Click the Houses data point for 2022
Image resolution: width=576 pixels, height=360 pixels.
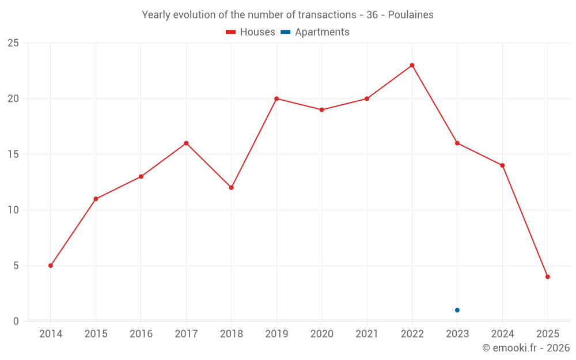412,65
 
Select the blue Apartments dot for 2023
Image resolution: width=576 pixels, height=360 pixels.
457,310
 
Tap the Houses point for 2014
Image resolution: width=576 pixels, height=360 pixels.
51,266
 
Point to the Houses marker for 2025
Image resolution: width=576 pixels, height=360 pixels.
548,276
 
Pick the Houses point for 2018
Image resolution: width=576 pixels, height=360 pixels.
232,187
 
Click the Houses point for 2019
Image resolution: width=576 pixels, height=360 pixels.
276,98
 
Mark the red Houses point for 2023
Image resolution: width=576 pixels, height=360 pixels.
457,143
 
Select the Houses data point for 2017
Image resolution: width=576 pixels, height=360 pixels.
186,143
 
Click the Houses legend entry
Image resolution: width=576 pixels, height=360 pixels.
251,32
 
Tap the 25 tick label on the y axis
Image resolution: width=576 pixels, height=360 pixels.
13,43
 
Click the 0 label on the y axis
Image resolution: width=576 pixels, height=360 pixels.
16,321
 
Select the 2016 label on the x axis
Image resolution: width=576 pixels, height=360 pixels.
141,334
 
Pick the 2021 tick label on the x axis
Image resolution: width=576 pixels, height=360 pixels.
367,334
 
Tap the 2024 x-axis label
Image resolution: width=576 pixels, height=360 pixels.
502,334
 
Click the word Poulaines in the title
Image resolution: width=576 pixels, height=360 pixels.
411,15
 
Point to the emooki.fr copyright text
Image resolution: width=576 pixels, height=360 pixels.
526,348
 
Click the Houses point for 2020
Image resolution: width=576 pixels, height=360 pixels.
321,109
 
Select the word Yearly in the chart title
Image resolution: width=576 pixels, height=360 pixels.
156,15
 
